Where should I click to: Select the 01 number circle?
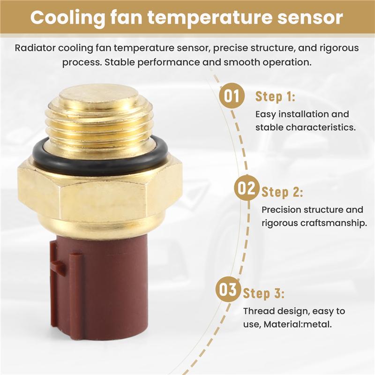tap(232, 96)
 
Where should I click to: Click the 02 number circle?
tap(246, 189)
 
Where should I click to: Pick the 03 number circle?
tap(228, 290)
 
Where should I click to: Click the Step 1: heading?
tap(275, 97)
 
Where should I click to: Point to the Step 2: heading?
tap(282, 192)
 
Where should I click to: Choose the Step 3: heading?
tap(263, 294)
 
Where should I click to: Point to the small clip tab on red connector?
tap(59, 267)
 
